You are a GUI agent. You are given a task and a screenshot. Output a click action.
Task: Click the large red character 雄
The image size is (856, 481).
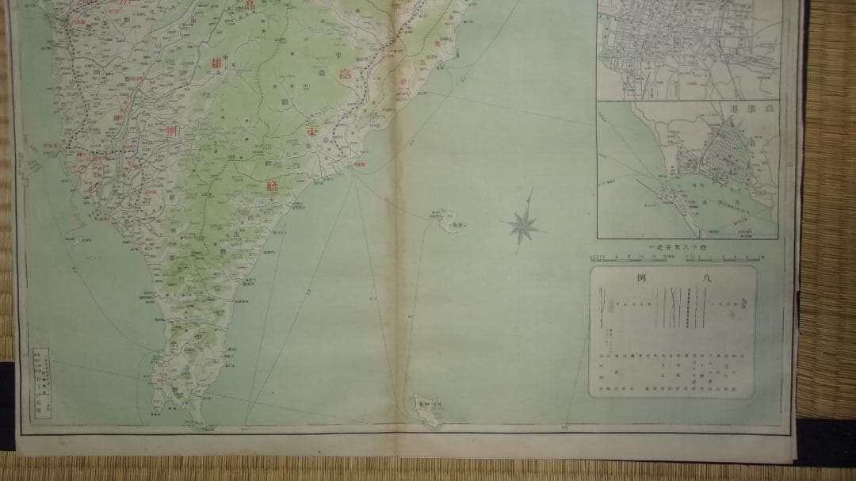217,64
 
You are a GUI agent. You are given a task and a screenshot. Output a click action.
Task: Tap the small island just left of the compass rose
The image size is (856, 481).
449,221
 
